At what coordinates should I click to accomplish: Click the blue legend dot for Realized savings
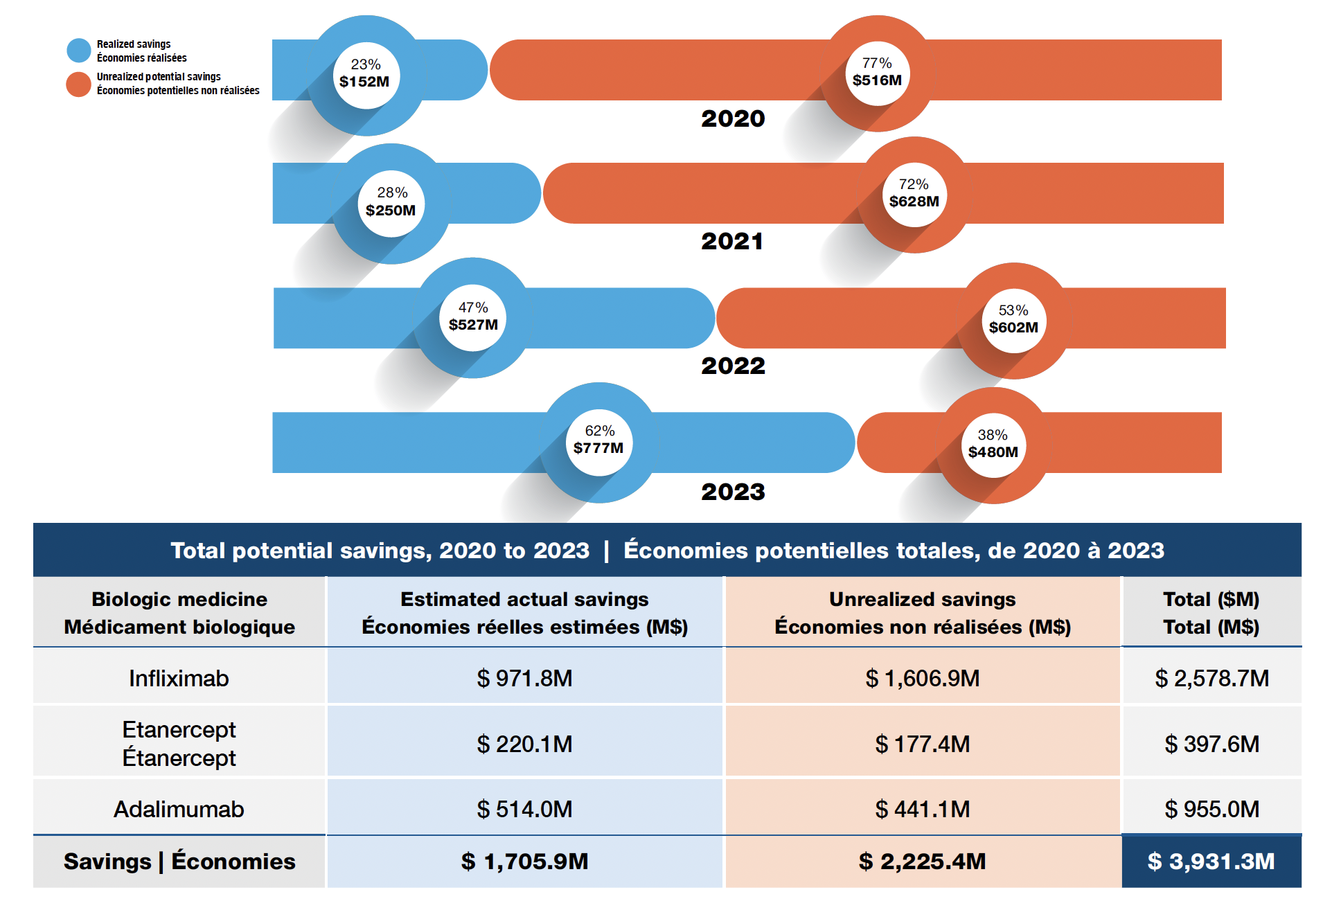pyautogui.click(x=79, y=51)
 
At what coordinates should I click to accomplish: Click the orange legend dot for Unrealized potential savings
pyautogui.click(x=79, y=84)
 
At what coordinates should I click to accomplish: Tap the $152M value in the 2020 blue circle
pyautogui.click(x=364, y=82)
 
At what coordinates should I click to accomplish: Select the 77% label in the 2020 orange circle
pyautogui.click(x=877, y=63)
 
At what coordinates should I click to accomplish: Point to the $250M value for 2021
pyautogui.click(x=391, y=211)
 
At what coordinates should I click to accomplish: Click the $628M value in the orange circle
pyautogui.click(x=914, y=202)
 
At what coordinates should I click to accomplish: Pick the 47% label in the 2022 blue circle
pyautogui.click(x=473, y=307)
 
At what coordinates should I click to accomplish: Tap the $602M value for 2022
pyautogui.click(x=1013, y=328)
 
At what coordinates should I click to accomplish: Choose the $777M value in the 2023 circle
pyautogui.click(x=598, y=448)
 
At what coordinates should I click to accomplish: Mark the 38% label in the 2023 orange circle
pyautogui.click(x=993, y=435)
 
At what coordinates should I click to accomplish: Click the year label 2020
pyautogui.click(x=733, y=118)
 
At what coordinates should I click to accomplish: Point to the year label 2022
pyautogui.click(x=733, y=366)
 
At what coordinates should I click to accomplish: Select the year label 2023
pyautogui.click(x=733, y=492)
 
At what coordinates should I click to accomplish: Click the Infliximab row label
pyautogui.click(x=179, y=678)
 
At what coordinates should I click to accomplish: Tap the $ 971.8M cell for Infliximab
pyautogui.click(x=524, y=678)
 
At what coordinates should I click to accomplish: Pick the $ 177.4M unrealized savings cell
pyautogui.click(x=922, y=744)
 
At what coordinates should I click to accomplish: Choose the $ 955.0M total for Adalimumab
pyautogui.click(x=1211, y=809)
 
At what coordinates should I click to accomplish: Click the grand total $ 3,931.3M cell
pyautogui.click(x=1211, y=862)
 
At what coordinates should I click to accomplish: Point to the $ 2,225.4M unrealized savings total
pyautogui.click(x=922, y=862)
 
